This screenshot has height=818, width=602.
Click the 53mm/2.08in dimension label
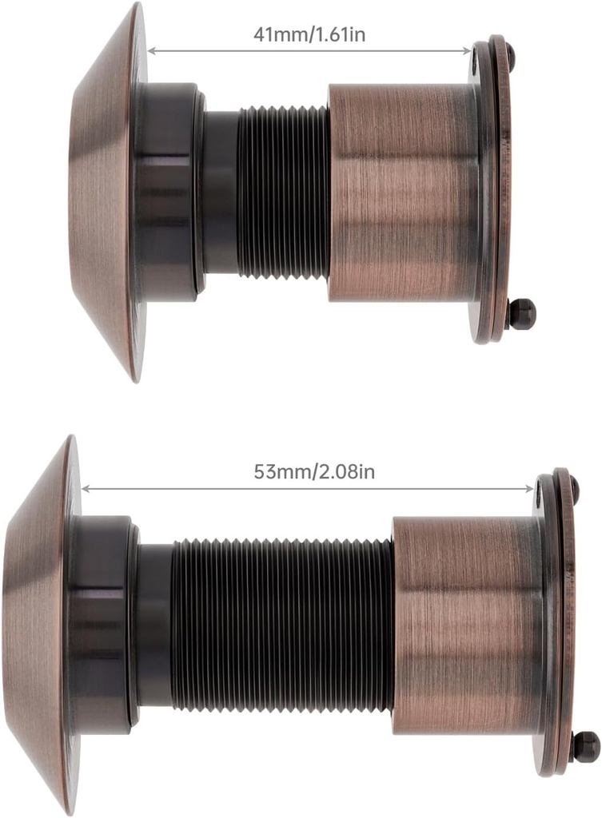click(x=314, y=471)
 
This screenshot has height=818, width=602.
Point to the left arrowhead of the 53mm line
click(x=86, y=488)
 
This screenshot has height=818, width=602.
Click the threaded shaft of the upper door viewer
click(x=283, y=193)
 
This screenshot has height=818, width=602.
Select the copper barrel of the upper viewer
click(x=404, y=193)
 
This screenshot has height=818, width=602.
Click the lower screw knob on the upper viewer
click(x=520, y=313)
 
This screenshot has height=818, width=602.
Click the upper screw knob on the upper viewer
click(x=510, y=55)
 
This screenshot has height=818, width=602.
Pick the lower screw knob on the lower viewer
click(x=586, y=746)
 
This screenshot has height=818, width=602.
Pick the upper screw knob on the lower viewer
click(x=574, y=487)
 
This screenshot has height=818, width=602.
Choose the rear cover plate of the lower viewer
click(x=559, y=623)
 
